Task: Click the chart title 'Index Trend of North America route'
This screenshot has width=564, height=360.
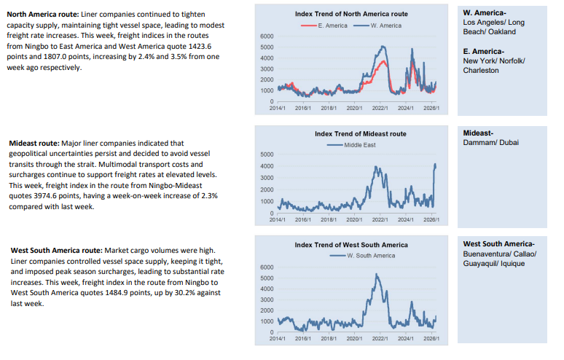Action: click(x=351, y=14)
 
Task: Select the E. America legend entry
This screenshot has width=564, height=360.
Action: click(x=324, y=26)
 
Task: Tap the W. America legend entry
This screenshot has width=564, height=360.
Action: click(x=377, y=26)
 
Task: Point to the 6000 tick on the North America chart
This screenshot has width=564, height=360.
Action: click(x=267, y=36)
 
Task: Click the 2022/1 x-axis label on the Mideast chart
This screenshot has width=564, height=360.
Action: click(x=380, y=219)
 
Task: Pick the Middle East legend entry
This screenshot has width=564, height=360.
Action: click(x=351, y=145)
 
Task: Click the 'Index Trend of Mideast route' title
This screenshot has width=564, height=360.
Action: click(x=361, y=134)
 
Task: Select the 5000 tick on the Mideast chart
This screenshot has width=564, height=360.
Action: click(x=267, y=154)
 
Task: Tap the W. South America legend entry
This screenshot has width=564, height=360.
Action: click(x=362, y=256)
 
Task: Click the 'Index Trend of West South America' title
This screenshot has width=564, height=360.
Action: click(x=351, y=245)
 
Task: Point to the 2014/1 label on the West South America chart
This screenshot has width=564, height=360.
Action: click(x=278, y=338)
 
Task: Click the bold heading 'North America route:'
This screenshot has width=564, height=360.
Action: click(x=43, y=15)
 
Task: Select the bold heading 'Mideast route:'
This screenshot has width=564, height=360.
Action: click(x=34, y=143)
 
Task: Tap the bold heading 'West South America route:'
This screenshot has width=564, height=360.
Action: click(x=57, y=250)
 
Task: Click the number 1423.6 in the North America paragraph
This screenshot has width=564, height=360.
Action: click(x=200, y=47)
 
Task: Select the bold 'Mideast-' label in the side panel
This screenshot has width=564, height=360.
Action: click(x=478, y=133)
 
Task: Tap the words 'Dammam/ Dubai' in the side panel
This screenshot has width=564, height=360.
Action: click(x=490, y=142)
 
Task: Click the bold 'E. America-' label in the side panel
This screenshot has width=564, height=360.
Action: click(x=483, y=52)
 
